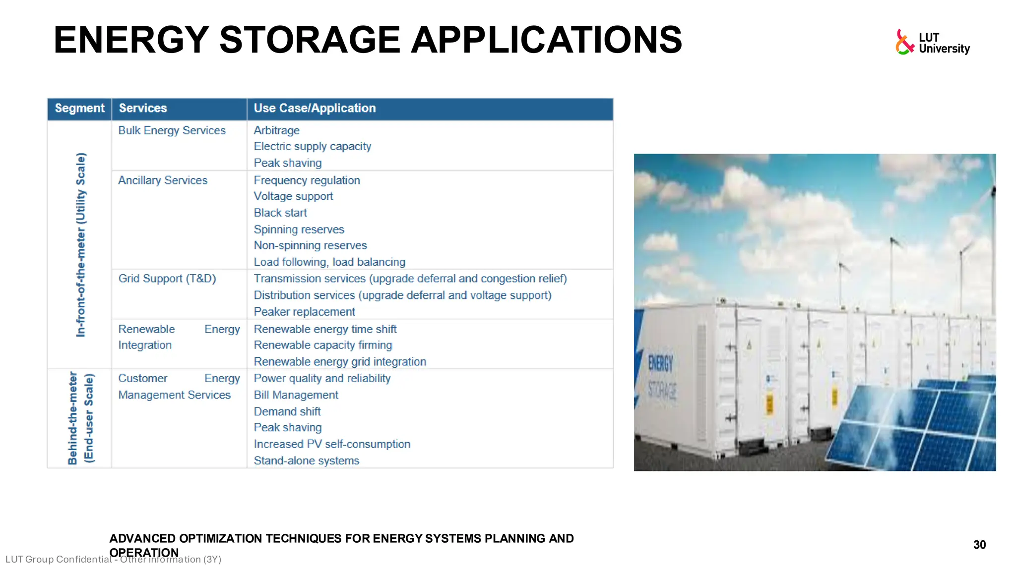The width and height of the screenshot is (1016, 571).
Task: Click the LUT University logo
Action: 932,43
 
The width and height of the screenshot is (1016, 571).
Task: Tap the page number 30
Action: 979,545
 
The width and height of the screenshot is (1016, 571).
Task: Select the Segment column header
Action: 79,109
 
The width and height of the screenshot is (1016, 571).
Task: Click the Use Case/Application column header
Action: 315,109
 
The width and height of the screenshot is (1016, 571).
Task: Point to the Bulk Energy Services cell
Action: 172,131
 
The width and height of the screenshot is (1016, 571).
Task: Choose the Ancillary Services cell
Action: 163,180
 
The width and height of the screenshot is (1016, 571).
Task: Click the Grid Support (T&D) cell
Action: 167,279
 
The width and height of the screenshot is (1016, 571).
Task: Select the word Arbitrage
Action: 276,131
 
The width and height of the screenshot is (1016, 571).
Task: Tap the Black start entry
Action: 280,213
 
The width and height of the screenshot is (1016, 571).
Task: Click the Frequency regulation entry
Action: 307,180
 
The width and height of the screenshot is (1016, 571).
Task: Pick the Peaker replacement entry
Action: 304,312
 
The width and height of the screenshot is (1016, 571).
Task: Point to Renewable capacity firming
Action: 322,345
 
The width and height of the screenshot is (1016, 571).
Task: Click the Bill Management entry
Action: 296,395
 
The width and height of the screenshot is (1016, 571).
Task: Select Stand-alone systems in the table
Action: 306,461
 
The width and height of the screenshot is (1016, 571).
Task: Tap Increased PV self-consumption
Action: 332,444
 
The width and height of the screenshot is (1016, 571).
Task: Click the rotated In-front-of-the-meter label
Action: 81,245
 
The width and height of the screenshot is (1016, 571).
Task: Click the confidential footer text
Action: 113,560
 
